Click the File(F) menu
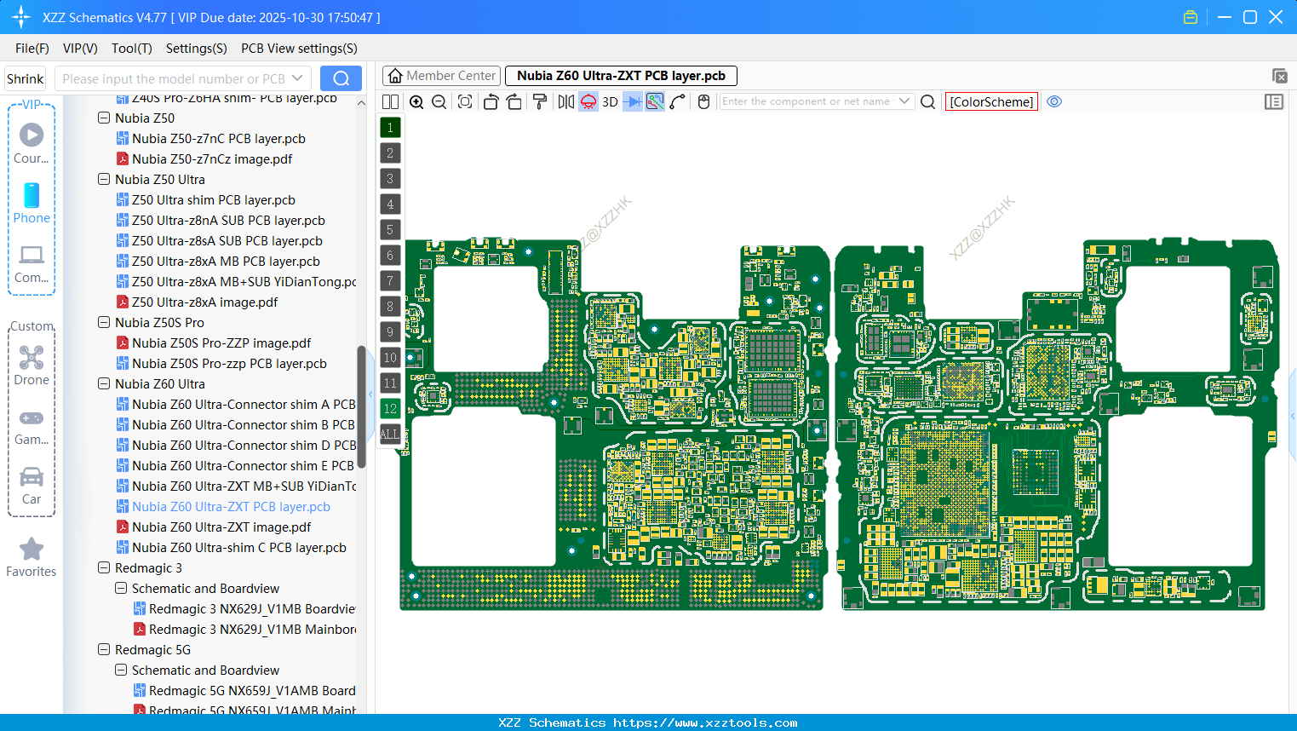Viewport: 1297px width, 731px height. click(x=32, y=49)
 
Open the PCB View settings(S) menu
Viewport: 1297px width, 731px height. click(x=299, y=49)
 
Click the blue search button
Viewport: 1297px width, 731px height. click(x=341, y=78)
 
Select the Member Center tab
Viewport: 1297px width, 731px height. click(x=441, y=76)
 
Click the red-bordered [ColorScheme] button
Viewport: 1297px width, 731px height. click(x=991, y=102)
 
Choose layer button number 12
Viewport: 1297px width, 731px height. click(x=390, y=409)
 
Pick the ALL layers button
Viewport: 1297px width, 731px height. click(x=390, y=435)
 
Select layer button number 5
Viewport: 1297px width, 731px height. click(x=390, y=230)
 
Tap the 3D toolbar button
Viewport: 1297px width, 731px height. click(x=610, y=102)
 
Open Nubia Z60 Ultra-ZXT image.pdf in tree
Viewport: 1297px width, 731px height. click(x=221, y=527)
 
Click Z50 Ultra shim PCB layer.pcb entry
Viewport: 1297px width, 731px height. click(x=213, y=200)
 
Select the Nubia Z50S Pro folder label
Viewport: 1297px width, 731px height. click(x=159, y=323)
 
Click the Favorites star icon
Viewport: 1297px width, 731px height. click(x=32, y=550)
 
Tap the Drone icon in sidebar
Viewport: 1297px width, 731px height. click(x=32, y=358)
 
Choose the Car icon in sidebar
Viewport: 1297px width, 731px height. click(x=32, y=477)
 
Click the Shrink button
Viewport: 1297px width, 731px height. click(x=25, y=78)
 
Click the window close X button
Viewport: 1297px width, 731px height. click(x=1276, y=17)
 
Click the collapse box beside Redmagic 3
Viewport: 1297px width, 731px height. click(x=104, y=568)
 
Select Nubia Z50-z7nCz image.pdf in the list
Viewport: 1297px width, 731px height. click(x=211, y=159)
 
